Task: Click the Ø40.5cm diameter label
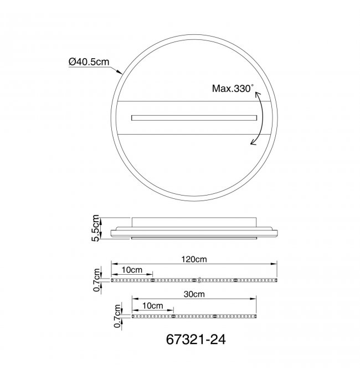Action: [x=89, y=61]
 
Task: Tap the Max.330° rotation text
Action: [x=233, y=88]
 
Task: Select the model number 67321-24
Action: [x=196, y=339]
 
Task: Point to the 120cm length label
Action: [x=194, y=259]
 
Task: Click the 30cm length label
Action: [x=194, y=294]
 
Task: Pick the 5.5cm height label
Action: [x=95, y=228]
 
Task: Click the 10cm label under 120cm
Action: [x=132, y=270]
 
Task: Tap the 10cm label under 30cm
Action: [x=153, y=306]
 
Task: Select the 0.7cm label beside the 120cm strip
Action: [x=96, y=280]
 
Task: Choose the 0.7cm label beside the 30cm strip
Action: [x=117, y=316]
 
